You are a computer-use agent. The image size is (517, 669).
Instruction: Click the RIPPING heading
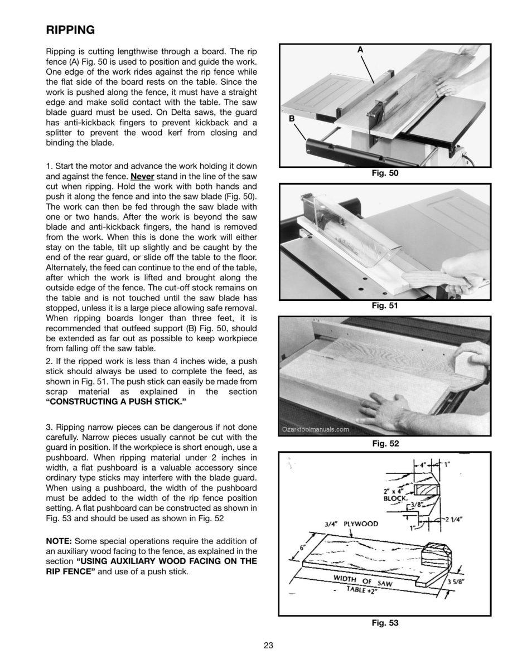70,29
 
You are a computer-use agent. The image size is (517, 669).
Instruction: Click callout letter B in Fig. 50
291,119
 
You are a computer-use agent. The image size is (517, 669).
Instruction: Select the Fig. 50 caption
385,173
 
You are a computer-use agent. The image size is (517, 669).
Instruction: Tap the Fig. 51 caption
385,305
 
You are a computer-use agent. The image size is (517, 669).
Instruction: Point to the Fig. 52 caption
385,443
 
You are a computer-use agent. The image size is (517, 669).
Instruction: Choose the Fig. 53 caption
385,623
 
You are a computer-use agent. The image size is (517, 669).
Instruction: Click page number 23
268,646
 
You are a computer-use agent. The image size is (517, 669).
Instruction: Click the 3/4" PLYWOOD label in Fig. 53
351,524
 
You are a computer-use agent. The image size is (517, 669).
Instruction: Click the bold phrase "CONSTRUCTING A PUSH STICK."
115,401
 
